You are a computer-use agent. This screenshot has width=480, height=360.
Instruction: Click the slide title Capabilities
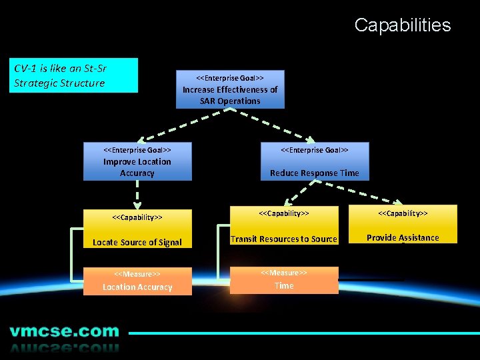(x=402, y=25)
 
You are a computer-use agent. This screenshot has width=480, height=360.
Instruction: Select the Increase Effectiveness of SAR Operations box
(x=230, y=89)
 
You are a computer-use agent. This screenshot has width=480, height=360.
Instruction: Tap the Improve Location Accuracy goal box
(x=137, y=161)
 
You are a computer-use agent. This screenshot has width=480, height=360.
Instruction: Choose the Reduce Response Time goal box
(x=314, y=161)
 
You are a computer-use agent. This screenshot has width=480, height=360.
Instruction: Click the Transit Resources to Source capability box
(x=284, y=226)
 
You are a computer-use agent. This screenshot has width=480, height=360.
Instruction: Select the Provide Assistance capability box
(x=403, y=225)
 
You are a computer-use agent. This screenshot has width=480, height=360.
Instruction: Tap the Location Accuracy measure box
(x=137, y=281)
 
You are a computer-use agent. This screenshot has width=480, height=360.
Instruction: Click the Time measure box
(x=284, y=280)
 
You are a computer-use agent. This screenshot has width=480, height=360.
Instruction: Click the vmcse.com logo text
(x=64, y=331)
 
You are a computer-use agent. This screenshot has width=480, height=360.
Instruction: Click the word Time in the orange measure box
(x=284, y=286)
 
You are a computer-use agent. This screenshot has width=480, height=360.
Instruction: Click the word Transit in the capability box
(x=244, y=239)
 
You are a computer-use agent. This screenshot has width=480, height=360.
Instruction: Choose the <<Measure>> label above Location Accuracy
(x=137, y=274)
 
